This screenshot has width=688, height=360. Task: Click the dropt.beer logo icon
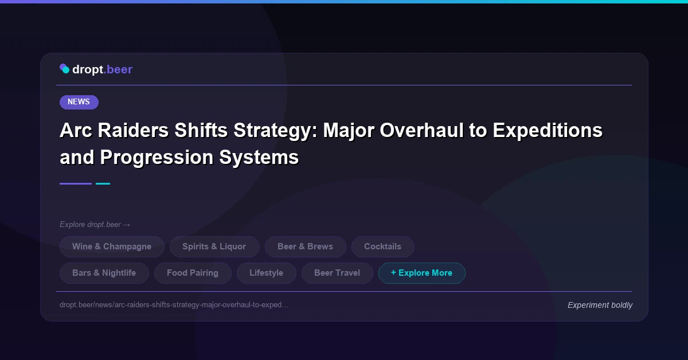[65, 69]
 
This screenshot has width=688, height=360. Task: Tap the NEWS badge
[79, 102]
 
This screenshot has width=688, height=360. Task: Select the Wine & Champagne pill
[112, 246]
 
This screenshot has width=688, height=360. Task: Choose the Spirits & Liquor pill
[214, 246]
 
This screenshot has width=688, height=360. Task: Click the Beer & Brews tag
[305, 246]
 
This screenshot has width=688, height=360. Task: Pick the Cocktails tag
[382, 246]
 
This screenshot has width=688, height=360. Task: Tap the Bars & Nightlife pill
[104, 273]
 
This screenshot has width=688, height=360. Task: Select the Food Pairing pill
[193, 273]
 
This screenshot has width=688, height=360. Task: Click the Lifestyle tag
[266, 273]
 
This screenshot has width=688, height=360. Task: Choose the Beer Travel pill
[337, 273]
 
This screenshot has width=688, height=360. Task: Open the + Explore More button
[421, 273]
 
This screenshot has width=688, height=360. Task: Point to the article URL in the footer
[174, 305]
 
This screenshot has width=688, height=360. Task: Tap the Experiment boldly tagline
[600, 305]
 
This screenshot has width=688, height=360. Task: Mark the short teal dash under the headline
[103, 183]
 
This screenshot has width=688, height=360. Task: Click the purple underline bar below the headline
[76, 183]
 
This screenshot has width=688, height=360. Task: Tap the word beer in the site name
[120, 69]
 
